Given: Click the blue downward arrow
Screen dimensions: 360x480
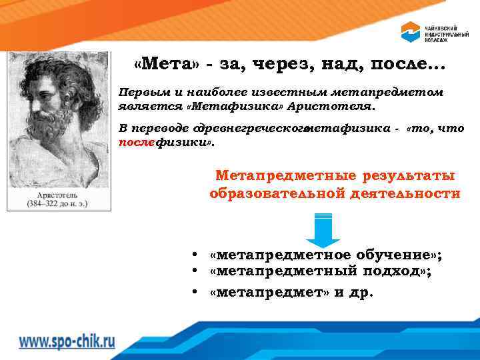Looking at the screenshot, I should (323, 230).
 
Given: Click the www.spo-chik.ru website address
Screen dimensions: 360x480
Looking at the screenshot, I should (67, 341).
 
